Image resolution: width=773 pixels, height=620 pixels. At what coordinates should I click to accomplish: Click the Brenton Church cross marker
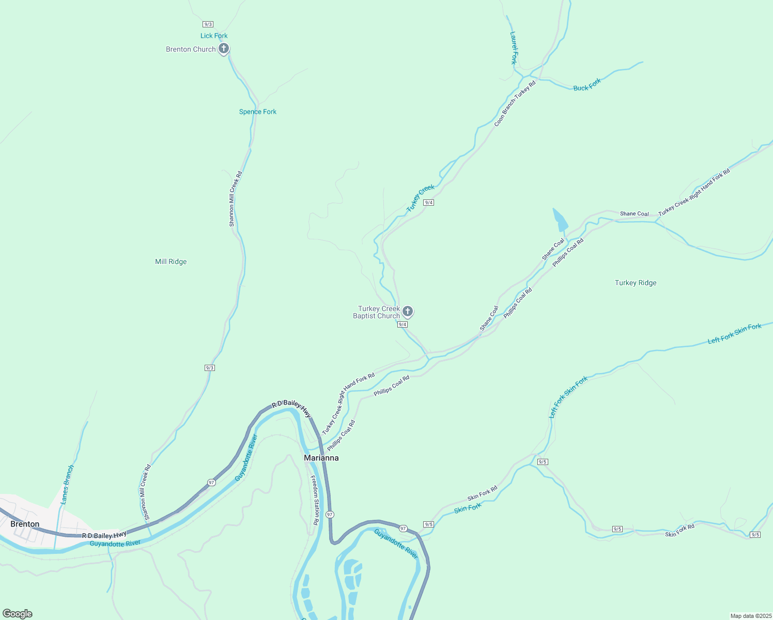tap(223, 49)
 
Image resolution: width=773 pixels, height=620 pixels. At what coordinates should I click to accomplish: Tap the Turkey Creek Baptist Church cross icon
tap(407, 311)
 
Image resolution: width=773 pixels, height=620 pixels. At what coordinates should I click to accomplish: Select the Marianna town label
tap(321, 458)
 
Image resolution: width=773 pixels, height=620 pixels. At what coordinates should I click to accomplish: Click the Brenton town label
tap(25, 524)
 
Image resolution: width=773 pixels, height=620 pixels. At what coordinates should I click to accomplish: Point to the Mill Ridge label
tap(171, 261)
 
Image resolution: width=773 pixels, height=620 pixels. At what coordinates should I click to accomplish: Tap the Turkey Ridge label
tap(636, 283)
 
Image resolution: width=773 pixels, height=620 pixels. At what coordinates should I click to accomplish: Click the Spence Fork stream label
tap(258, 112)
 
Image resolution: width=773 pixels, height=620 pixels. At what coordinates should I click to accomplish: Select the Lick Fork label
tap(214, 36)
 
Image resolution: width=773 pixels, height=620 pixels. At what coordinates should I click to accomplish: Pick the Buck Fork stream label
tap(587, 85)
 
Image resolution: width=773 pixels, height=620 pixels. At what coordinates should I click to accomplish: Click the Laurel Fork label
tap(514, 48)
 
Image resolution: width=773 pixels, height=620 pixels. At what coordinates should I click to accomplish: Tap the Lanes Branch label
tap(68, 485)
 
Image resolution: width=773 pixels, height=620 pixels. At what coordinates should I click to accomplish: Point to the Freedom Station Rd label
tap(314, 500)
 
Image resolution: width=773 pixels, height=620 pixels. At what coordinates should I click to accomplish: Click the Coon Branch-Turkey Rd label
tap(515, 103)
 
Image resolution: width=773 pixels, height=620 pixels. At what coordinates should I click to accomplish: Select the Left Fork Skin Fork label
tap(734, 334)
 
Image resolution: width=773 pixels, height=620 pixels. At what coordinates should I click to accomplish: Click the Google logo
tap(18, 614)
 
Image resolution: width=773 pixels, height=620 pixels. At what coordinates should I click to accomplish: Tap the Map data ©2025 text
tap(750, 616)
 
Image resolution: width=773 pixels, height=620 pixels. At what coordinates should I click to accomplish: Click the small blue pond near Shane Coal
tap(560, 220)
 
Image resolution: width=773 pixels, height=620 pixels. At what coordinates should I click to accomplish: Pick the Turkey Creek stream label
tap(421, 198)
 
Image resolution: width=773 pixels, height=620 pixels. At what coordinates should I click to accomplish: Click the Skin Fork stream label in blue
tap(468, 508)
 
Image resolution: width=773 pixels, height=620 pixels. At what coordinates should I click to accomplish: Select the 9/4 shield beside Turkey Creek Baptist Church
tap(403, 324)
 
